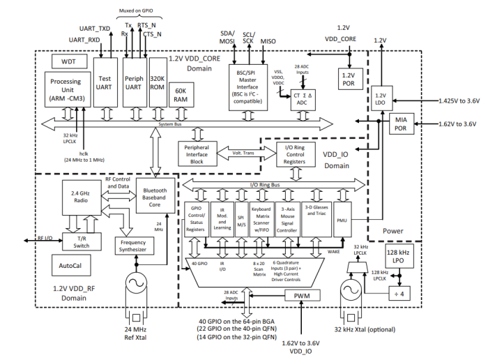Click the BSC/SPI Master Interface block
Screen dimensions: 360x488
pyautogui.click(x=249, y=84)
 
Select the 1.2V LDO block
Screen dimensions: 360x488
pyautogui.click(x=380, y=99)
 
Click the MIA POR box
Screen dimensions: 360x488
pyautogui.click(x=402, y=124)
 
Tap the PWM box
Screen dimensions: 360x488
pyautogui.click(x=303, y=296)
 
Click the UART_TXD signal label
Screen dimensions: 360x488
pyautogui.click(x=95, y=29)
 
